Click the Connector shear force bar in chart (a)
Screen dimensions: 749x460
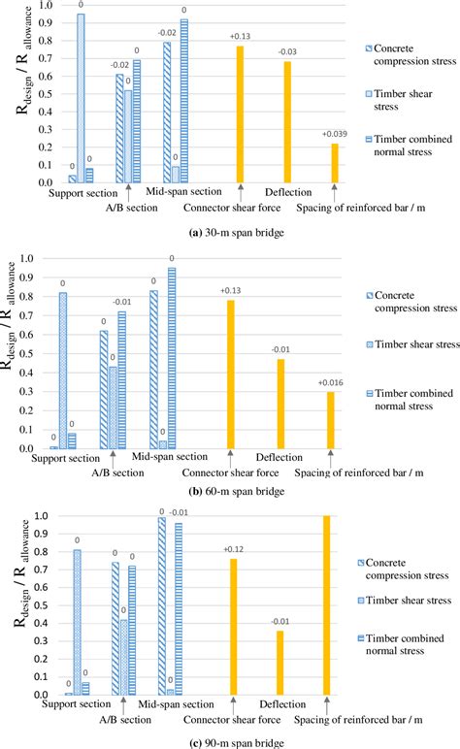pyautogui.click(x=240, y=113)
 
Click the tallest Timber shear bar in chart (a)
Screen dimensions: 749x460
pyautogui.click(x=81, y=97)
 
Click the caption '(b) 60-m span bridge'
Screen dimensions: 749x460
pyautogui.click(x=229, y=492)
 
